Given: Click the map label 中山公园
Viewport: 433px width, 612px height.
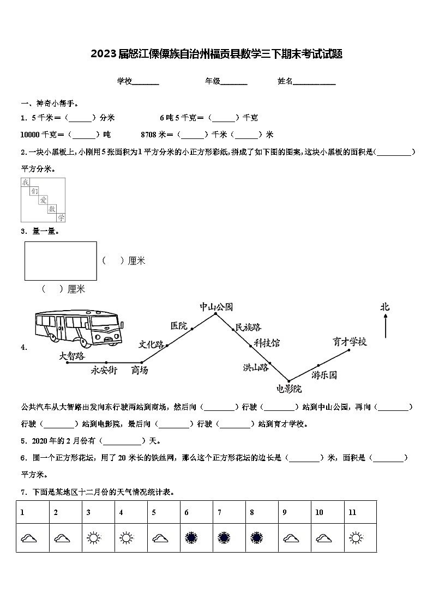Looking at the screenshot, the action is coord(216,307).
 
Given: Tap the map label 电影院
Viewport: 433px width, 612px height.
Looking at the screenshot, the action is coord(289,389).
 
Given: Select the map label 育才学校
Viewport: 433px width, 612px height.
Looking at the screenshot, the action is coord(350,342).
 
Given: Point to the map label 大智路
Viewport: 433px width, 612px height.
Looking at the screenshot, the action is coord(72,356).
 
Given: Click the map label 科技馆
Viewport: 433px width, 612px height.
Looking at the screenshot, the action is coord(266,343).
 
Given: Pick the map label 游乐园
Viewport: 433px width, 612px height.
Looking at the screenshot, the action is coord(324,375).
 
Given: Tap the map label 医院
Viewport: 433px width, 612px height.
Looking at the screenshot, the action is coord(178,326).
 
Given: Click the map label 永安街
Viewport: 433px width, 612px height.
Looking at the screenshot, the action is coord(104,371).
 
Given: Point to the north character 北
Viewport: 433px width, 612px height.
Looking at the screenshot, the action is coord(385,307).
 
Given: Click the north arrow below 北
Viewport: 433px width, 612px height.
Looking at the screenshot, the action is coord(386,327).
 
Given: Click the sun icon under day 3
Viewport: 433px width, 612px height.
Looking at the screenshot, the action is coord(93,538).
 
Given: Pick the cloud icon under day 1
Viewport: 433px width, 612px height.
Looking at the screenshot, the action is coord(29,538).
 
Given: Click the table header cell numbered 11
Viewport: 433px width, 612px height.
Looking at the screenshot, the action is coord(360,512).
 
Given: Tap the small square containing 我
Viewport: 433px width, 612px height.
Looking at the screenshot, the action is coord(25,183).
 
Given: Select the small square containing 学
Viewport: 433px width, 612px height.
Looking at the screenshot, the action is coord(61,217).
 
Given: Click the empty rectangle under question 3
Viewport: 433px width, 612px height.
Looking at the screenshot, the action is coord(61,261).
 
